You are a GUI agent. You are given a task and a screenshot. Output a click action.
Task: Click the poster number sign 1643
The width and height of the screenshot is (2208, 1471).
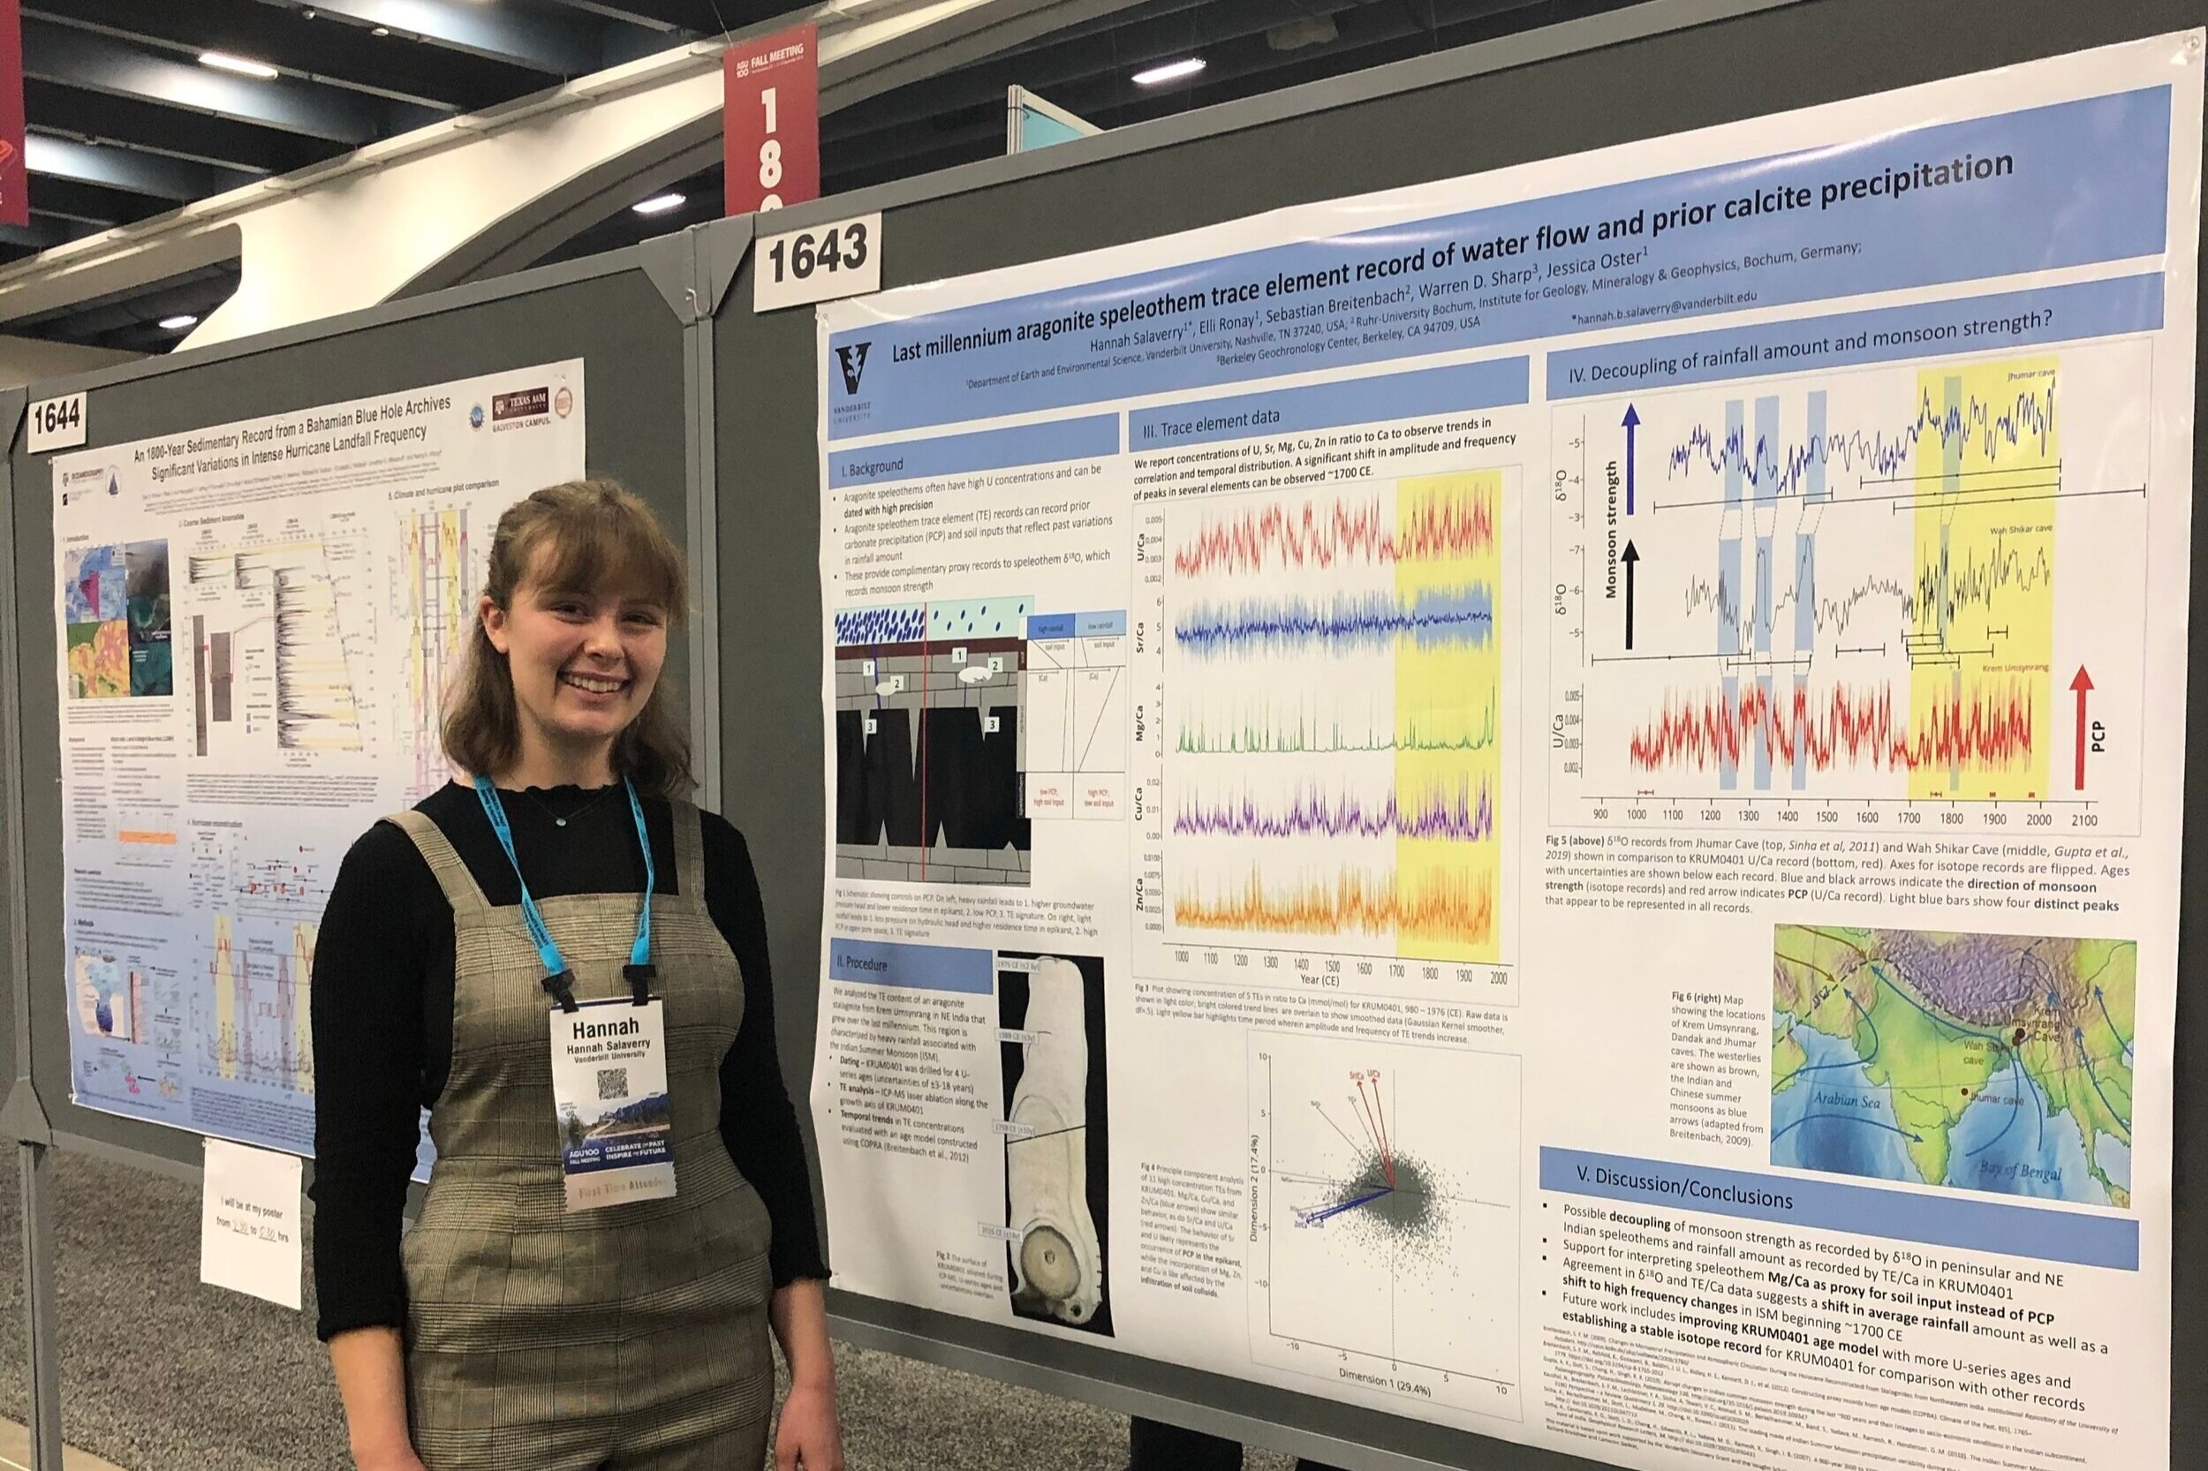pyautogui.click(x=817, y=260)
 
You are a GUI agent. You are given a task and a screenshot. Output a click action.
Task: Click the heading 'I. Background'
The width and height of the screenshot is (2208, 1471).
pyautogui.click(x=872, y=465)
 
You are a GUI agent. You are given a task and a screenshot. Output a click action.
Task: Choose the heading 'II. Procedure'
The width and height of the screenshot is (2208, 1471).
pyautogui.click(x=866, y=963)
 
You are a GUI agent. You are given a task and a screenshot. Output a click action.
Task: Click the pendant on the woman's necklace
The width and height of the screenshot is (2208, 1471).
pyautogui.click(x=559, y=819)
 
